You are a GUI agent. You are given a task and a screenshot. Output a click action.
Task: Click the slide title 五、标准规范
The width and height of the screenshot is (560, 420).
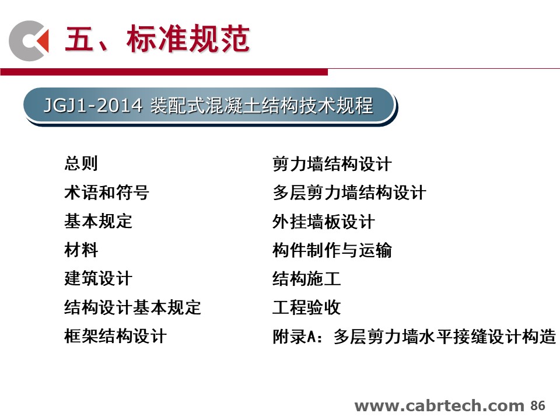tap(157, 38)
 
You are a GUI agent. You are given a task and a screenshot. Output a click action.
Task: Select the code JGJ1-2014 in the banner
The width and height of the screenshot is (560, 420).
tap(93, 106)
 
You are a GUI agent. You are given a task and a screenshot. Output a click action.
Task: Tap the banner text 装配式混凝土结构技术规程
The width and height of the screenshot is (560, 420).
tap(262, 106)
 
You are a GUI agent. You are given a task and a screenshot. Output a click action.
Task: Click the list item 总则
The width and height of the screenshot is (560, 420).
tap(80, 163)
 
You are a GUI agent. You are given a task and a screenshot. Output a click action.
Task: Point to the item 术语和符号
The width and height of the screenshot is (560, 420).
tap(106, 192)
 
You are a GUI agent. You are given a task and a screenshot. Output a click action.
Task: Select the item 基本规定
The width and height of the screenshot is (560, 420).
tap(98, 221)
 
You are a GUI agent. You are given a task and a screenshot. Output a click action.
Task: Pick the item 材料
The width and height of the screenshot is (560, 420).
tap(80, 250)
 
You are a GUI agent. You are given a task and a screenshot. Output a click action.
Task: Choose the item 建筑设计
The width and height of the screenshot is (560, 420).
tap(98, 278)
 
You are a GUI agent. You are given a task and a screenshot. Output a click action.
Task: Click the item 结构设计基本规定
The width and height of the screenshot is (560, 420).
tap(132, 307)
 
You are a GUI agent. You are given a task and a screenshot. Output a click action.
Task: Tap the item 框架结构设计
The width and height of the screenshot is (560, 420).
tap(116, 336)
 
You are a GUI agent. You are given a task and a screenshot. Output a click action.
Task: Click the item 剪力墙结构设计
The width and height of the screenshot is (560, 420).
tap(332, 164)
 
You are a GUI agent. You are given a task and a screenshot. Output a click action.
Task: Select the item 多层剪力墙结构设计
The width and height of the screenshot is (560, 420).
tap(349, 192)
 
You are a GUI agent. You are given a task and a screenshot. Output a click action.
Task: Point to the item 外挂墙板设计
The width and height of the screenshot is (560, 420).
tap(323, 222)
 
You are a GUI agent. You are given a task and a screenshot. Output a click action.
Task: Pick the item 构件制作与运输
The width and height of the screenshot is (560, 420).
tap(332, 250)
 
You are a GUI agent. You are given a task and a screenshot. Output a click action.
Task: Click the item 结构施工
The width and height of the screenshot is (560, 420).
tap(306, 279)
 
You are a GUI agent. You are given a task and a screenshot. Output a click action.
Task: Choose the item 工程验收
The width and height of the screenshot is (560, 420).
tap(306, 307)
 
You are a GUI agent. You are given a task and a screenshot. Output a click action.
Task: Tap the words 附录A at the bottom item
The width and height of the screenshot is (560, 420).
tap(294, 336)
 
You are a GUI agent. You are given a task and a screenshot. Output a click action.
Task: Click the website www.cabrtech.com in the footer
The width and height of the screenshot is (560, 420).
tap(439, 406)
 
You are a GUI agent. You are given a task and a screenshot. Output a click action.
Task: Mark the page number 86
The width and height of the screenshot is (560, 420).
tap(537, 406)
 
